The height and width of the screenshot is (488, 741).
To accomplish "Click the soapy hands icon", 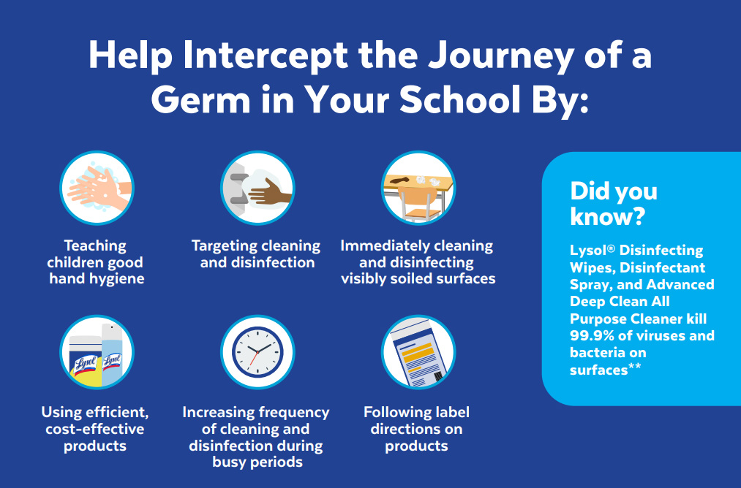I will click(97, 188).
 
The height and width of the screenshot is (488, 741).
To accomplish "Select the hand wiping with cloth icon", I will click(257, 188).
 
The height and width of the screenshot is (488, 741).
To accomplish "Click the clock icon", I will click(257, 352).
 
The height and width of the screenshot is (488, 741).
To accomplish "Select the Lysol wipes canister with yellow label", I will click(84, 359).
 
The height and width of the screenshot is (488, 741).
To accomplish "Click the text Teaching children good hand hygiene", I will click(96, 262).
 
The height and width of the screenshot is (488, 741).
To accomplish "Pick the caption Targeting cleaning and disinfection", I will click(257, 254).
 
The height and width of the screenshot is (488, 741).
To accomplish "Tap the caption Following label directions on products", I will click(417, 429).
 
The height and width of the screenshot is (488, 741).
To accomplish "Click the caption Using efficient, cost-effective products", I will click(96, 429).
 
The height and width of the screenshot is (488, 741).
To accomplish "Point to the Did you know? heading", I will click(613, 204).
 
